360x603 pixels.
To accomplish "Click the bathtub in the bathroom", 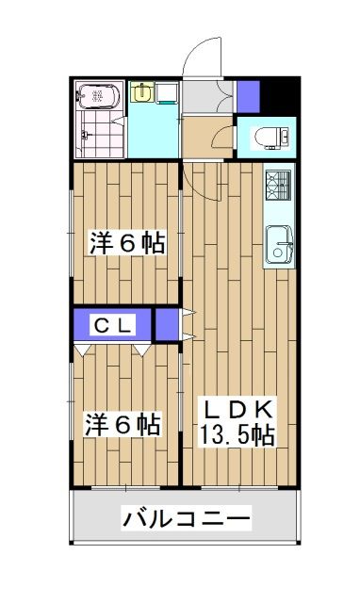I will point(98,96).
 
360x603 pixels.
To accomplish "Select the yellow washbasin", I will point(141,92).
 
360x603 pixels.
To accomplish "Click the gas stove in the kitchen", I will point(278,187).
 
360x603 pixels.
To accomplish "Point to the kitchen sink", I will point(279,247).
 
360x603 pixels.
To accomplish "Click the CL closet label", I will point(113,326).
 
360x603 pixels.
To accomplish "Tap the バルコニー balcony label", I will point(187,518).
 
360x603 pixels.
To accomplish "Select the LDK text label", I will point(237,409).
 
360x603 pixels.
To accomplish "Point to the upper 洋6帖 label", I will point(127,243).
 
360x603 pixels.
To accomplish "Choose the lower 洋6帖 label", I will point(123,424).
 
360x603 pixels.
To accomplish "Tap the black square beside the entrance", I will point(278,95).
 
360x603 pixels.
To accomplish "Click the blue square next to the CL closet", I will point(167,324).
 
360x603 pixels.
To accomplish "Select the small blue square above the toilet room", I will point(248,96).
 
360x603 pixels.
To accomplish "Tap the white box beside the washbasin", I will point(167,92).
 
